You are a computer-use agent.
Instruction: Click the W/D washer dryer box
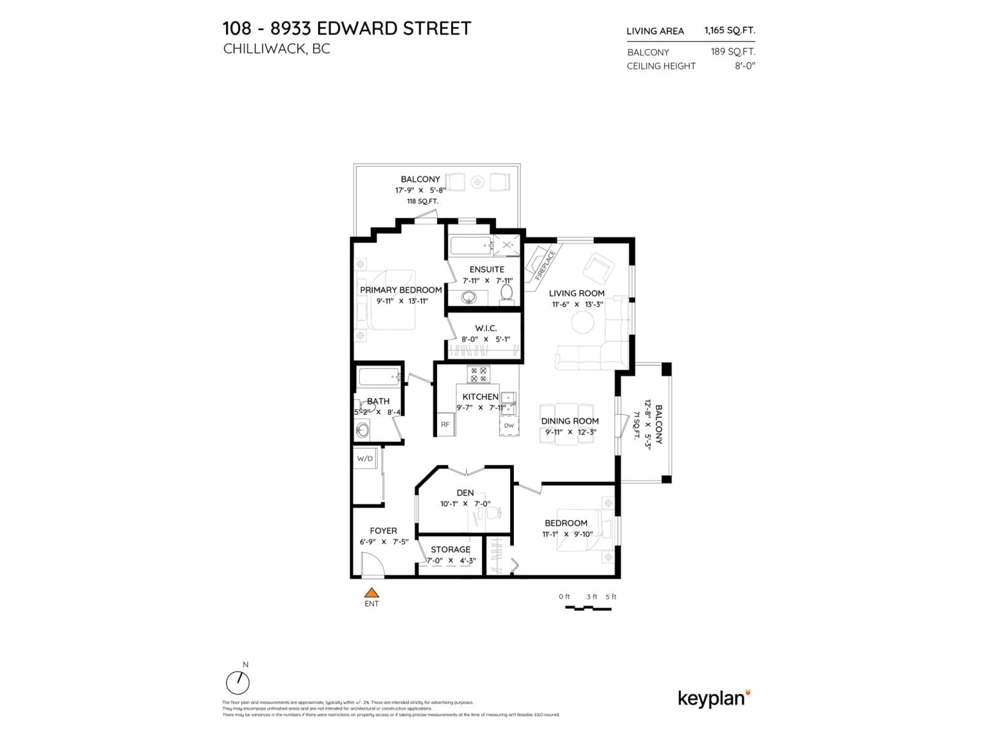click(x=365, y=459)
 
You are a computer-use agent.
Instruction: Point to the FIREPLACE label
click(x=545, y=265)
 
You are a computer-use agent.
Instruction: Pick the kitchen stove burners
click(x=478, y=374)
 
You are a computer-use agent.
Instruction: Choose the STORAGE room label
click(x=450, y=549)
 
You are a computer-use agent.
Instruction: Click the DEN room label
click(x=465, y=493)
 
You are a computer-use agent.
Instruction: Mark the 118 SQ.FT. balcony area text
click(x=423, y=201)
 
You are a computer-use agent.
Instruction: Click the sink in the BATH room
click(x=362, y=430)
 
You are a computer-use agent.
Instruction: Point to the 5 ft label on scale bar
click(x=611, y=597)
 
